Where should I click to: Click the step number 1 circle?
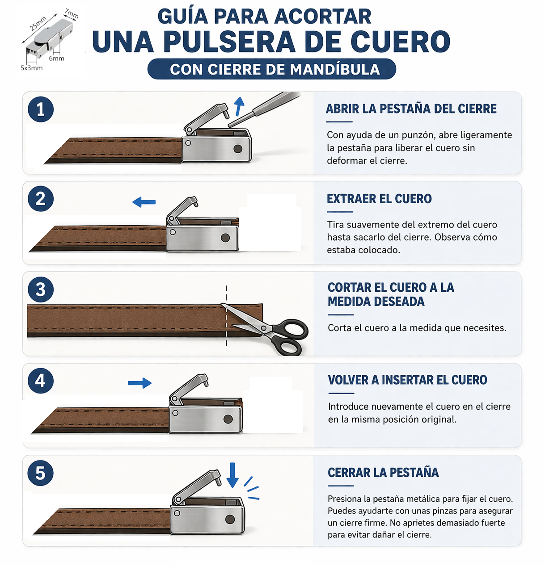(x=41, y=109)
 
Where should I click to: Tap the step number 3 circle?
(x=41, y=289)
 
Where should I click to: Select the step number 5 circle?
(x=41, y=473)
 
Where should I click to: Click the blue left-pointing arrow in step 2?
(x=144, y=202)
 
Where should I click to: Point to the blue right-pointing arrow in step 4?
(x=140, y=383)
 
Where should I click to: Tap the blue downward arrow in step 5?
(x=232, y=475)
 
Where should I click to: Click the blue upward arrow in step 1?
(x=239, y=106)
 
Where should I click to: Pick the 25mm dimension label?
(x=38, y=24)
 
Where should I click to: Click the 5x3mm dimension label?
(x=31, y=68)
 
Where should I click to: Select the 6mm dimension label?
(x=56, y=59)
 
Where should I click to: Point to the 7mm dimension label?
(x=72, y=14)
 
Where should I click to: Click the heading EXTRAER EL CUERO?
(x=379, y=199)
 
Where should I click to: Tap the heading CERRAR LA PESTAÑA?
(x=383, y=472)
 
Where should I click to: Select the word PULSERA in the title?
(x=229, y=42)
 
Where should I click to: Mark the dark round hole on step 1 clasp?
(x=238, y=149)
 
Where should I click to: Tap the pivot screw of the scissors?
(x=264, y=328)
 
